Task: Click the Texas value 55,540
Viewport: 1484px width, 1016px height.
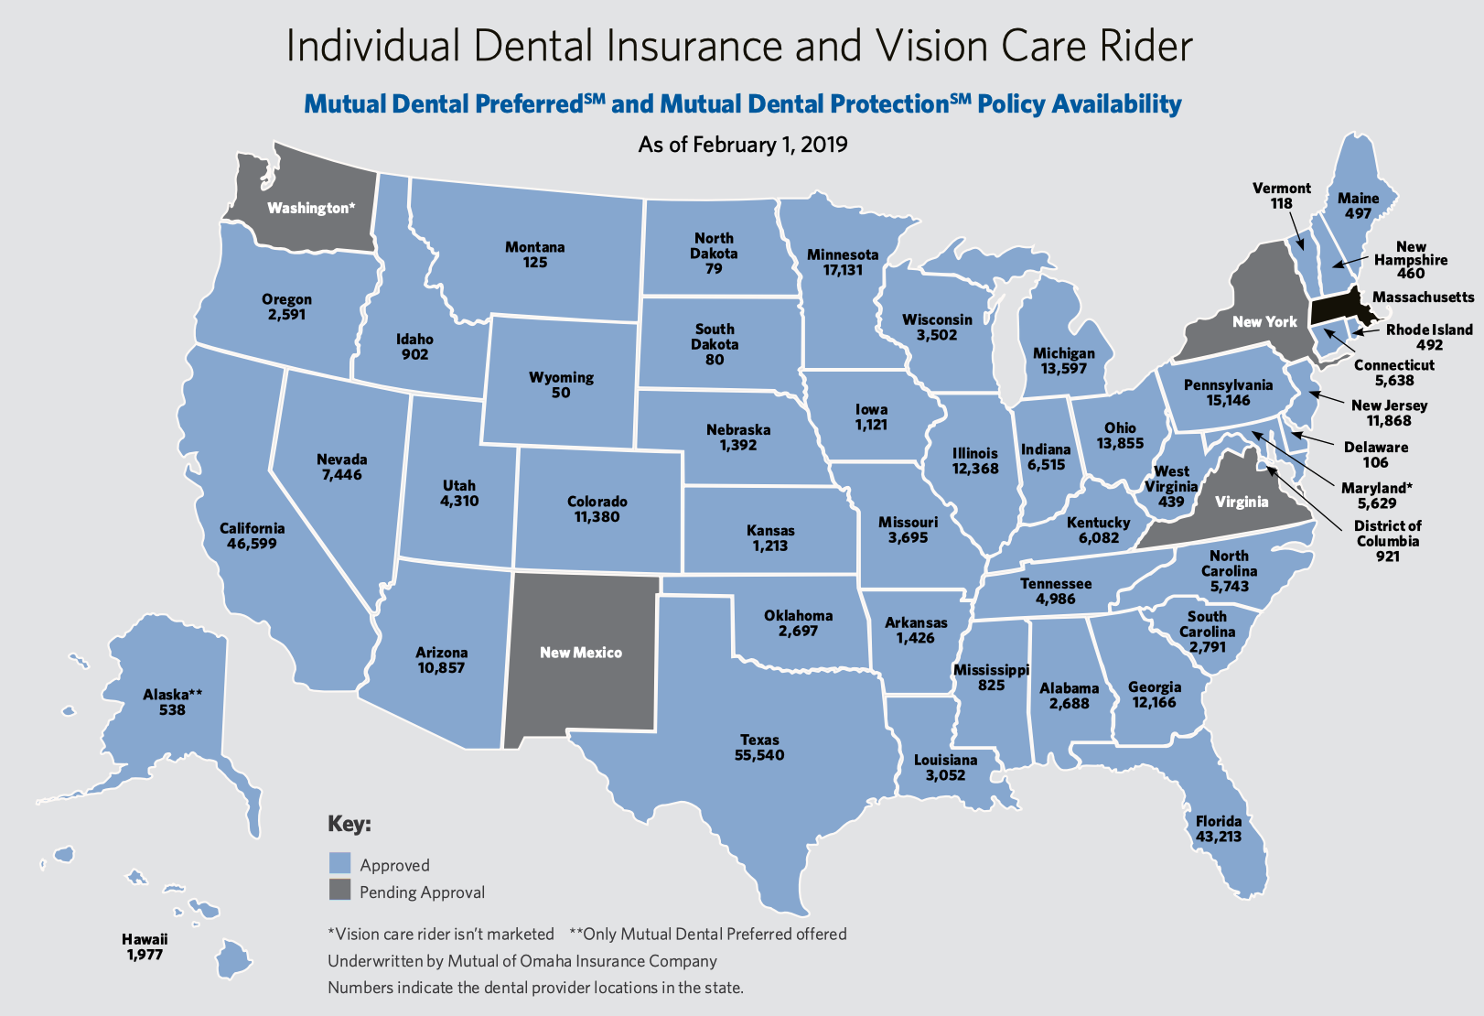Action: click(759, 755)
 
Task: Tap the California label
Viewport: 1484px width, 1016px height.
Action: click(252, 528)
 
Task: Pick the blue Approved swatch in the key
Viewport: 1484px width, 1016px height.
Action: click(339, 863)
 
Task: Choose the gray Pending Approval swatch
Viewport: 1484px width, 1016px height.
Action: click(339, 890)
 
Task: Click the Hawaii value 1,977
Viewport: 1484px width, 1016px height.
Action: click(145, 955)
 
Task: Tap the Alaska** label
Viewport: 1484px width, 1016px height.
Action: click(172, 695)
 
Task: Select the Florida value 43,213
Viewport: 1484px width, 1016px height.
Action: click(1219, 837)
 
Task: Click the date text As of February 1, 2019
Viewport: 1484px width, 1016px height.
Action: click(742, 145)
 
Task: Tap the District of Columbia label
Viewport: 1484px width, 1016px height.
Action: click(1388, 533)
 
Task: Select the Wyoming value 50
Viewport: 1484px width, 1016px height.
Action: click(561, 393)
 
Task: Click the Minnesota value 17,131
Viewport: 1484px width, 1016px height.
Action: click(843, 270)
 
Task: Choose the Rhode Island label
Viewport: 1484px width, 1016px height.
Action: click(1429, 330)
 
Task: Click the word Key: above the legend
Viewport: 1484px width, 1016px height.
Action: click(349, 824)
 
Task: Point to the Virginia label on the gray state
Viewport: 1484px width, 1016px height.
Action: click(1242, 502)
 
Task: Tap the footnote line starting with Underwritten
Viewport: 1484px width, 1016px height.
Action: click(522, 961)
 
